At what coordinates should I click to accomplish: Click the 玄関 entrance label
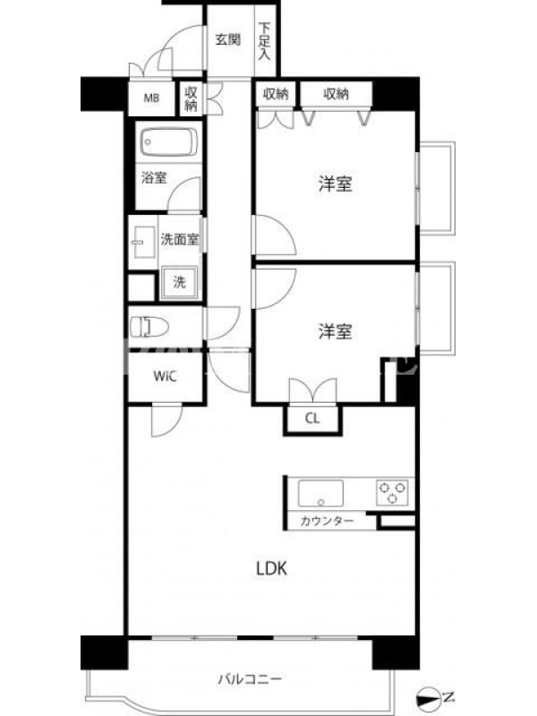click(x=227, y=40)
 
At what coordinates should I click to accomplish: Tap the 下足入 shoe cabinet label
click(x=264, y=41)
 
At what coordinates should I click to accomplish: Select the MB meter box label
click(x=151, y=98)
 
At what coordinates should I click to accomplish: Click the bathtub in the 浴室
click(x=168, y=142)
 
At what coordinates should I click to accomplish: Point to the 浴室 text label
click(x=154, y=177)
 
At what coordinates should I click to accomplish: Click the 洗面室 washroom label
click(x=180, y=238)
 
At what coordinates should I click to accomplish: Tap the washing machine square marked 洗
click(x=179, y=283)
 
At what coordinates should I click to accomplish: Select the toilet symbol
click(x=149, y=327)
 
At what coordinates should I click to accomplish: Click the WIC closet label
click(x=165, y=376)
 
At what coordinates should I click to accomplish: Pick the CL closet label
click(x=312, y=418)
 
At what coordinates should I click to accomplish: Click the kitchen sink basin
click(x=320, y=494)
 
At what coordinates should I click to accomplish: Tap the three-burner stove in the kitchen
click(x=392, y=492)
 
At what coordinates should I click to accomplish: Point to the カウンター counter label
click(x=327, y=521)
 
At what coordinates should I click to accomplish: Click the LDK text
click(x=271, y=568)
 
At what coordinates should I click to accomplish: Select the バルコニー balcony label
click(x=250, y=679)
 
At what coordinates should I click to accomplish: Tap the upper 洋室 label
click(x=335, y=183)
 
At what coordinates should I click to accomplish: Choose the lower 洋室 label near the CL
click(x=335, y=331)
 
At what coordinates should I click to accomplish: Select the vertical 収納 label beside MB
click(x=192, y=98)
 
